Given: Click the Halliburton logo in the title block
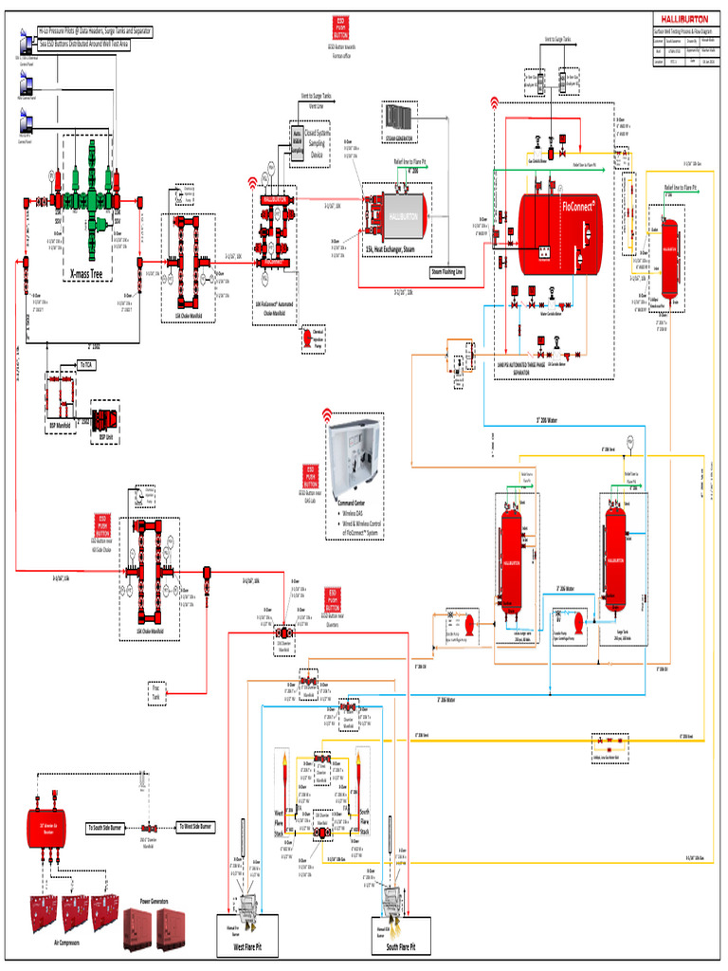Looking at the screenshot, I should [680, 20].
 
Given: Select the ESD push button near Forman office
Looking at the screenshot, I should [342, 27].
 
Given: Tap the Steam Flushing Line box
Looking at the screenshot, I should [447, 271].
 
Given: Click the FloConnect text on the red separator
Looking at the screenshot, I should [579, 204].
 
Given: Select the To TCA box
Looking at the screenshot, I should [85, 364].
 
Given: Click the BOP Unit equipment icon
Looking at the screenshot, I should [101, 418].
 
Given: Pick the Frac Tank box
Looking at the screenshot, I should [157, 693].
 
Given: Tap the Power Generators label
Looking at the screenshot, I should [154, 900].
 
